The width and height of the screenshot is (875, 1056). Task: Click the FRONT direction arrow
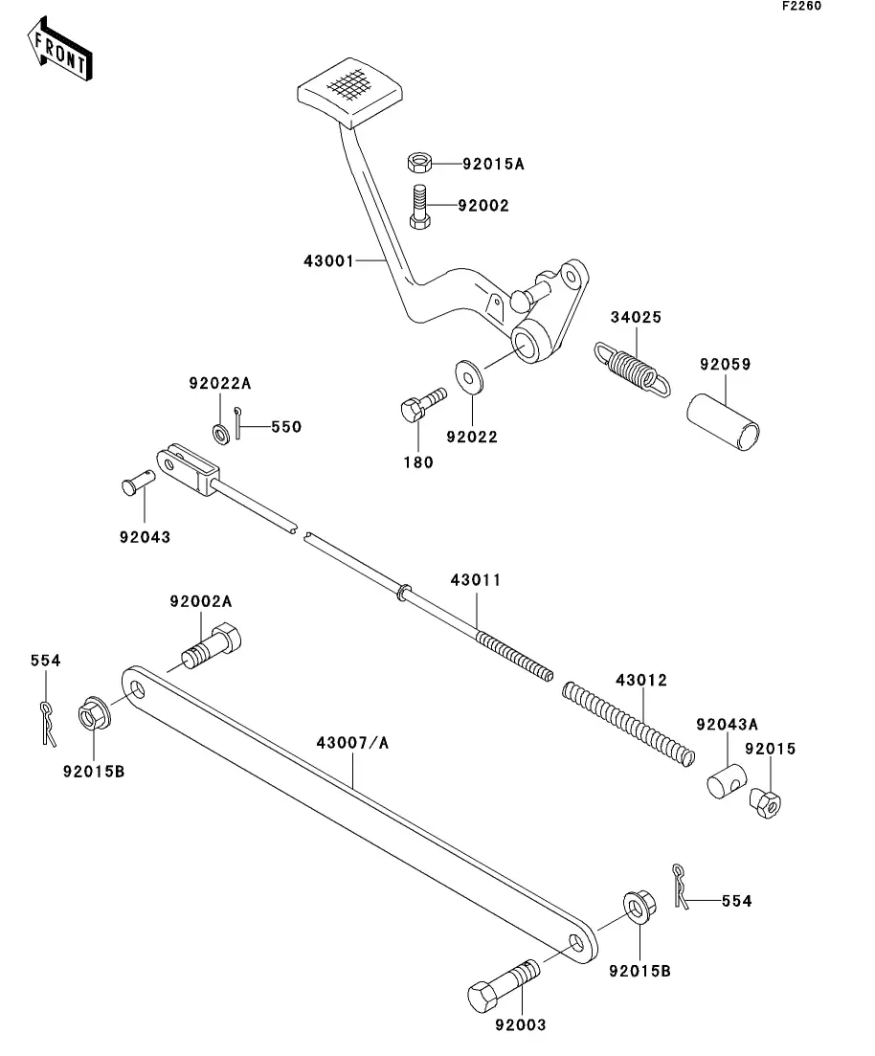pos(59,49)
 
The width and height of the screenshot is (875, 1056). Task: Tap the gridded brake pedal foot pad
pos(349,92)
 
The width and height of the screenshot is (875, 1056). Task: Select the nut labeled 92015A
pos(419,163)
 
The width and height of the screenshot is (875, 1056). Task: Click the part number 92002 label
pos(482,206)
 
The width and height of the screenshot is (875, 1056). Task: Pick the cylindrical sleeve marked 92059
pos(724,422)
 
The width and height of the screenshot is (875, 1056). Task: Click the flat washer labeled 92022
pos(469,378)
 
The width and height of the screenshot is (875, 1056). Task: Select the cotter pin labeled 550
pos(237,423)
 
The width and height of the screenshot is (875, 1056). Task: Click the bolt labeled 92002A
pos(212,647)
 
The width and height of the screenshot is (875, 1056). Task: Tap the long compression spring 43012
pos(628,724)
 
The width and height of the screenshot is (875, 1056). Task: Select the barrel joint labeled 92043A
pos(727,781)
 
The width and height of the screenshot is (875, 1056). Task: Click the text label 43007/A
pos(352,743)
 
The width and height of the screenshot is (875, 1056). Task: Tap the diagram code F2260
pos(801,6)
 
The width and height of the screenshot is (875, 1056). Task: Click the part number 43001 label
pos(328,260)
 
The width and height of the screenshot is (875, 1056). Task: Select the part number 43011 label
pos(476,580)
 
